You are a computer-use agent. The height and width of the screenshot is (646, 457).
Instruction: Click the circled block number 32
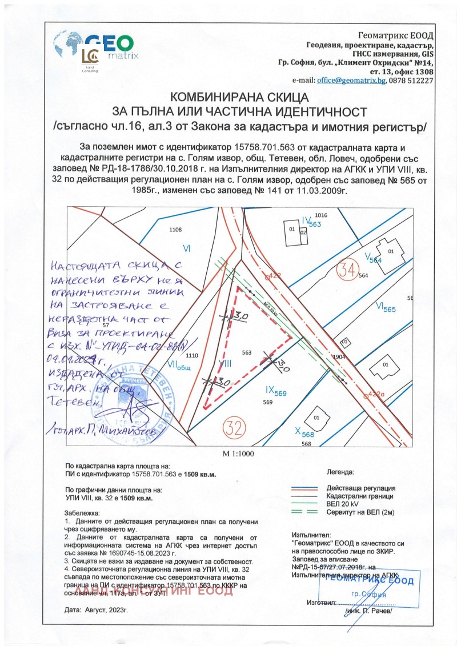[235, 427]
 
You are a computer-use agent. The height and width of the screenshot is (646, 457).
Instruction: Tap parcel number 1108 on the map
[175, 229]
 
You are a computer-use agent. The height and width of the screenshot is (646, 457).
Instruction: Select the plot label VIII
[224, 363]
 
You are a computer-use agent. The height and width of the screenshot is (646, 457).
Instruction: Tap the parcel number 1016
[320, 215]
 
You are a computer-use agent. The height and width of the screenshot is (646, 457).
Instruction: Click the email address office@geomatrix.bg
[351, 81]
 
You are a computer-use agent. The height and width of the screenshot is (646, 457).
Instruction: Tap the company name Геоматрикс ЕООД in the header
[395, 36]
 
